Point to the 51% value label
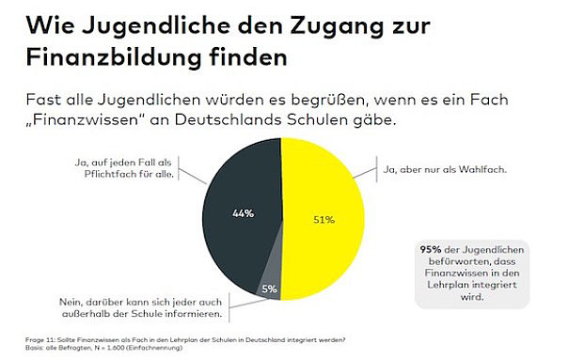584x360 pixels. (324, 220)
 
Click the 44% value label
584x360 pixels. (243, 213)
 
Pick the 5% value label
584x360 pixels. (269, 289)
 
